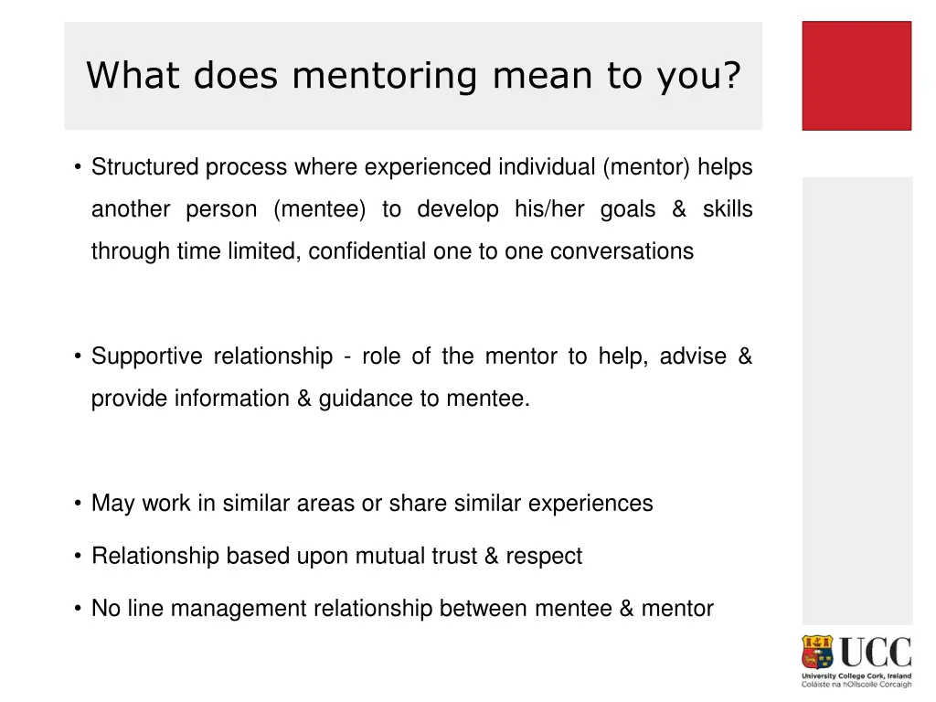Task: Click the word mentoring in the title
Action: coord(384,76)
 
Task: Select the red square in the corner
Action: coord(856,76)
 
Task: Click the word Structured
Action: coord(145,168)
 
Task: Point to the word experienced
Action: coord(428,168)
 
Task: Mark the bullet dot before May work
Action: coord(80,504)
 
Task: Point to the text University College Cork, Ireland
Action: coord(856,676)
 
